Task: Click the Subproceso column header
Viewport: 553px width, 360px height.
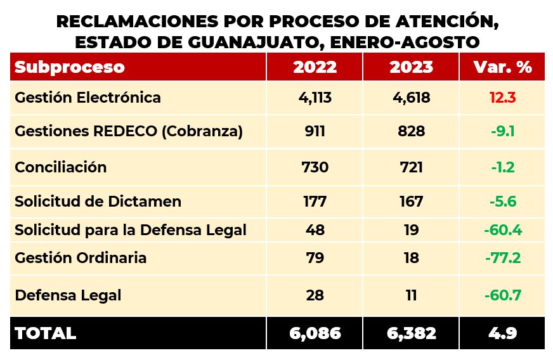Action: pyautogui.click(x=70, y=67)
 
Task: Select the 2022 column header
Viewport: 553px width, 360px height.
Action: pyautogui.click(x=315, y=67)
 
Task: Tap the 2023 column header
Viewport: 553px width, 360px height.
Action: pyautogui.click(x=411, y=67)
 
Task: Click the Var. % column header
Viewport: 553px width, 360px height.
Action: pyautogui.click(x=502, y=67)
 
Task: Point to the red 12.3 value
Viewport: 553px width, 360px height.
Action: pyautogui.click(x=502, y=98)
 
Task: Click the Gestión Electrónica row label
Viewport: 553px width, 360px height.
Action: pyautogui.click(x=88, y=98)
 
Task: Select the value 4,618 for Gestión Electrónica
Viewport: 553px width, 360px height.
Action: pyautogui.click(x=411, y=98)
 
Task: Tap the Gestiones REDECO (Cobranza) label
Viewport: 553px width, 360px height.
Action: pyautogui.click(x=129, y=132)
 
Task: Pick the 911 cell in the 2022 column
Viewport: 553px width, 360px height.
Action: pyautogui.click(x=315, y=132)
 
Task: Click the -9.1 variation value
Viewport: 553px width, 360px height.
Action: pyautogui.click(x=502, y=132)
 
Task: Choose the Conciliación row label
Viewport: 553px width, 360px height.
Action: pyautogui.click(x=61, y=167)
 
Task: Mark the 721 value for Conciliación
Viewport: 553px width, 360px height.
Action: pyautogui.click(x=411, y=167)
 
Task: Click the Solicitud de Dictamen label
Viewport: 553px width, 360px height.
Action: pyautogui.click(x=98, y=202)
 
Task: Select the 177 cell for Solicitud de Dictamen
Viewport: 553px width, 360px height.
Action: pyautogui.click(x=315, y=202)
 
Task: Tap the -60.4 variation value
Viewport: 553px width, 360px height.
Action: pyautogui.click(x=502, y=230)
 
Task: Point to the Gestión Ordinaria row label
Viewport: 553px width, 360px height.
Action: pyautogui.click(x=81, y=258)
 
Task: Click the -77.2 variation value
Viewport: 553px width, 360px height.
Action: pyautogui.click(x=502, y=258)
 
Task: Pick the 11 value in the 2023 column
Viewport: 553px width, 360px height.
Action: pyautogui.click(x=411, y=295)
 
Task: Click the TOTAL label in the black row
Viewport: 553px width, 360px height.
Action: pyautogui.click(x=45, y=333)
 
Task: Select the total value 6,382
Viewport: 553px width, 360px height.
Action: pyautogui.click(x=411, y=333)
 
